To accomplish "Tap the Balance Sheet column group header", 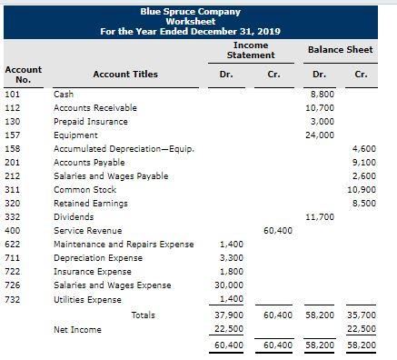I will point(340,49).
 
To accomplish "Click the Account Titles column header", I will point(125,75).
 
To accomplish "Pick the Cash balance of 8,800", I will point(323,94).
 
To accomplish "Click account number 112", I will point(13,107).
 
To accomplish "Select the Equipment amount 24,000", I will point(321,135).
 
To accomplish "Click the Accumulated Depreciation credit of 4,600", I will point(362,148).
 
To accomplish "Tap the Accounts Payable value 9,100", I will point(362,162).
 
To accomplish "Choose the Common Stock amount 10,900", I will point(361,189).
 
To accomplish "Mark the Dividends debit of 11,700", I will point(321,217).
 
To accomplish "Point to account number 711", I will point(13,258).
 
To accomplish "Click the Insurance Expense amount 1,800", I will point(230,272).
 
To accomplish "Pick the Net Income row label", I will point(77,329).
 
